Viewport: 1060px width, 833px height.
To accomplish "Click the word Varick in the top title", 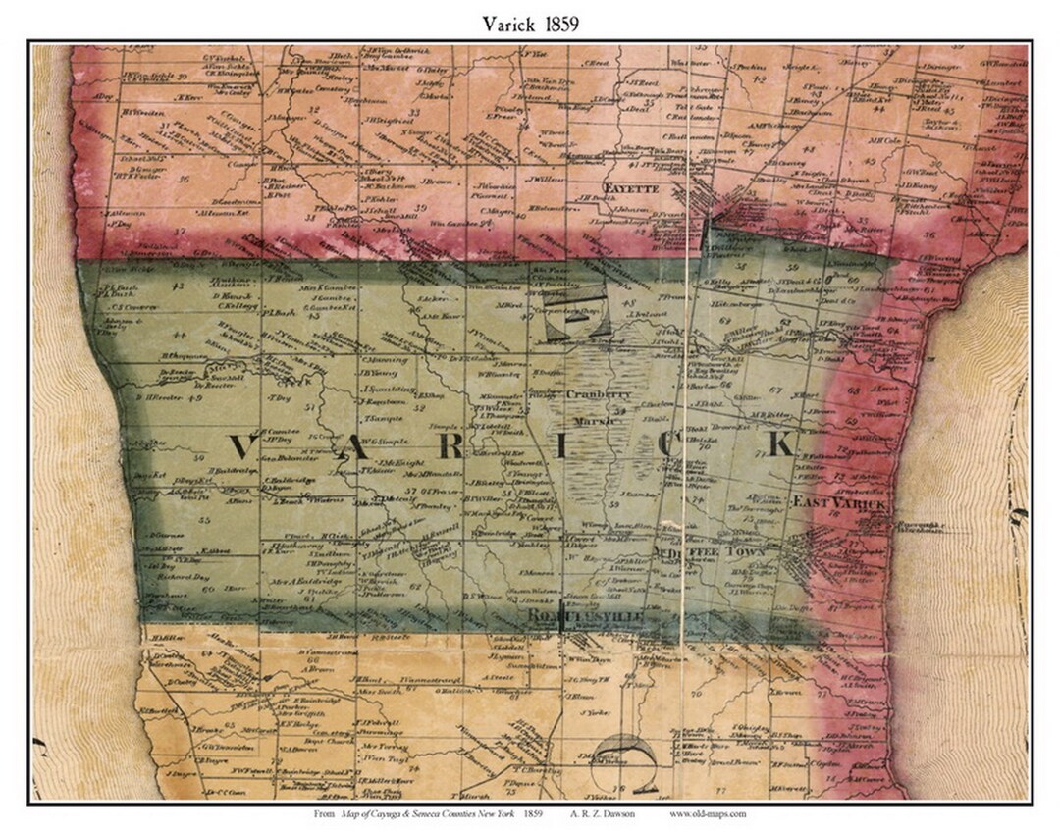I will (x=507, y=24).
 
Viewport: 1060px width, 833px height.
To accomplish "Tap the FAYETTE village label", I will (x=629, y=182).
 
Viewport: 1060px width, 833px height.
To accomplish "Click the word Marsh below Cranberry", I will (x=596, y=419).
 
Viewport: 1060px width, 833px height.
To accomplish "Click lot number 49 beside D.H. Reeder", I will (x=194, y=399).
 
